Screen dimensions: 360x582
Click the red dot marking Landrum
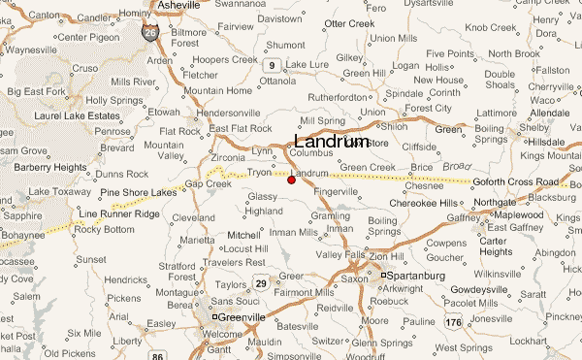coord(291,180)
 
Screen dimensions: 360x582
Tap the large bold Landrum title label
coord(331,141)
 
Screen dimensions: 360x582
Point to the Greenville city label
coord(242,315)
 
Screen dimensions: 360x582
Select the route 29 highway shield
coord(261,281)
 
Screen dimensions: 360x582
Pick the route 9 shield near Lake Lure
coord(274,65)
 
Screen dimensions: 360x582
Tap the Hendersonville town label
coord(229,114)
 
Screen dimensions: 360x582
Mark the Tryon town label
coord(259,172)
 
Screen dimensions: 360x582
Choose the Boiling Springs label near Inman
coord(384,226)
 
